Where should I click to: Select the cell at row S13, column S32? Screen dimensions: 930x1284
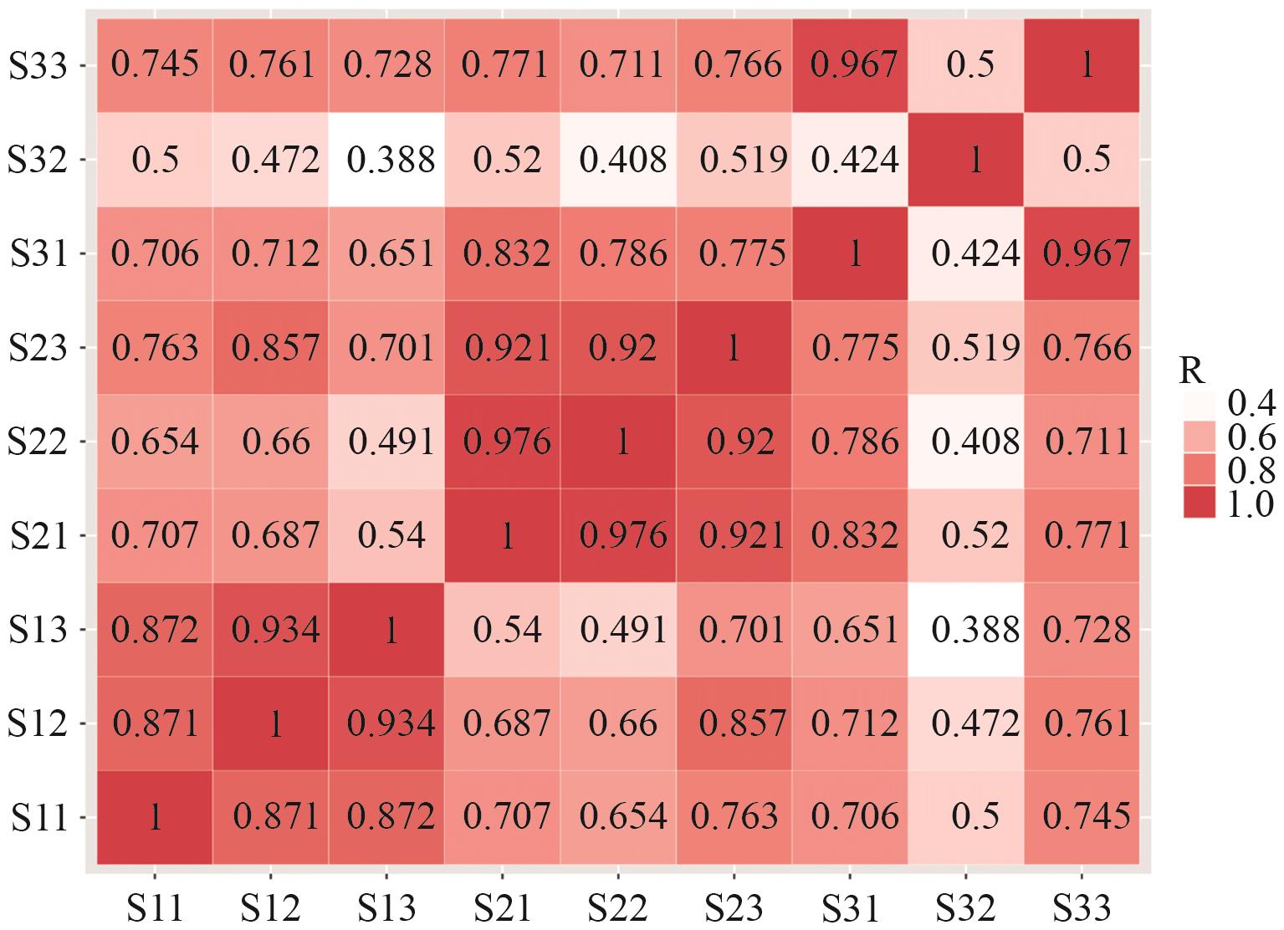pos(965,630)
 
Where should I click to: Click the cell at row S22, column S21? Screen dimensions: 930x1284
pos(502,442)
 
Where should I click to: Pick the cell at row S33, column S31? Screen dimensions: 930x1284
pos(850,65)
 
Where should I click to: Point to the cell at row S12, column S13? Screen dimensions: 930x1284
pos(386,723)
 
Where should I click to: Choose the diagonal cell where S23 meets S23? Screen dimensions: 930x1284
pos(734,348)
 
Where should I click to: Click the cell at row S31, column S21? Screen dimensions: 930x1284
pos(502,253)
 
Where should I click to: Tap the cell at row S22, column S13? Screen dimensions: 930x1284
pos(386,442)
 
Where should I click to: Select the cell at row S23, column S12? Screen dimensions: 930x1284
pos(270,348)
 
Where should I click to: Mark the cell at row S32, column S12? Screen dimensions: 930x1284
pos(270,159)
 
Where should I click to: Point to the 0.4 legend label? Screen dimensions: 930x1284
pos(1250,406)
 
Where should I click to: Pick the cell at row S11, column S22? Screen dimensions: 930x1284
pos(618,817)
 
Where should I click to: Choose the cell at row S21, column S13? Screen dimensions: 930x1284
pos(386,535)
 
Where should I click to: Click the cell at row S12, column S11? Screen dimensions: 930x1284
pos(155,723)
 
